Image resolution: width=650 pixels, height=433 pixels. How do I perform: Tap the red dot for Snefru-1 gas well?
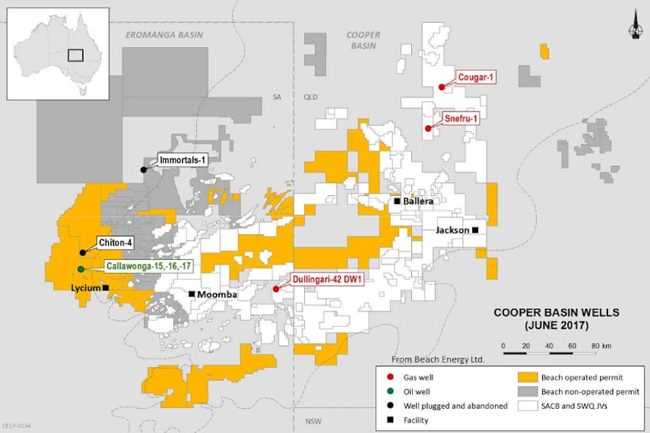click(x=428, y=128)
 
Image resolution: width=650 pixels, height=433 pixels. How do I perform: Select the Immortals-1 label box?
click(x=179, y=159)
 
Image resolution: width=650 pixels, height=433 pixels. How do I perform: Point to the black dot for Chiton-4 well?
click(x=82, y=252)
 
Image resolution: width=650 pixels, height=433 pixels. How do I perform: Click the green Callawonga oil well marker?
click(x=81, y=269)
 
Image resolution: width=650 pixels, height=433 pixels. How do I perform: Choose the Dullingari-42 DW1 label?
click(x=319, y=280)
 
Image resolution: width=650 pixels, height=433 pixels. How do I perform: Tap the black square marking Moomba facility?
click(x=192, y=294)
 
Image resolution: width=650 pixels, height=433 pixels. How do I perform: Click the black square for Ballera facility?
click(x=397, y=201)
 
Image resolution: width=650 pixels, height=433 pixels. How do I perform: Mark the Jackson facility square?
click(x=475, y=230)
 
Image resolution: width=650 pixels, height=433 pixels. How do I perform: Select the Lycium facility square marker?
click(x=106, y=288)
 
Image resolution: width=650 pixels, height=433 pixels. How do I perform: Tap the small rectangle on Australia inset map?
click(x=75, y=55)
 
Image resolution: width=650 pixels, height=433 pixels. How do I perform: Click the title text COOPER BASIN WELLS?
click(x=556, y=312)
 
